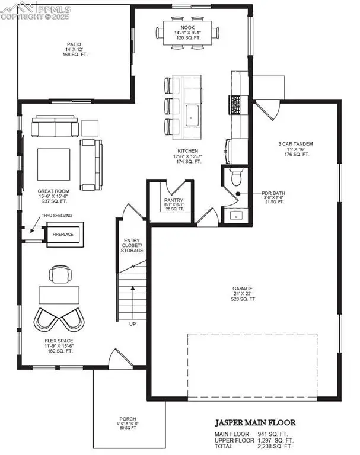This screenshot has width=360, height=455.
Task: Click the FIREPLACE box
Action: click(x=62, y=234)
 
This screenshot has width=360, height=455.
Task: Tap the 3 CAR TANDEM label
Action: click(x=295, y=144)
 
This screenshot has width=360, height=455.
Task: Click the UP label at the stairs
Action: click(x=132, y=324)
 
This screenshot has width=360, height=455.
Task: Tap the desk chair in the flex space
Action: click(x=60, y=274)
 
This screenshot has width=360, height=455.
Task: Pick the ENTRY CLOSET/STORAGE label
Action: click(x=132, y=244)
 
